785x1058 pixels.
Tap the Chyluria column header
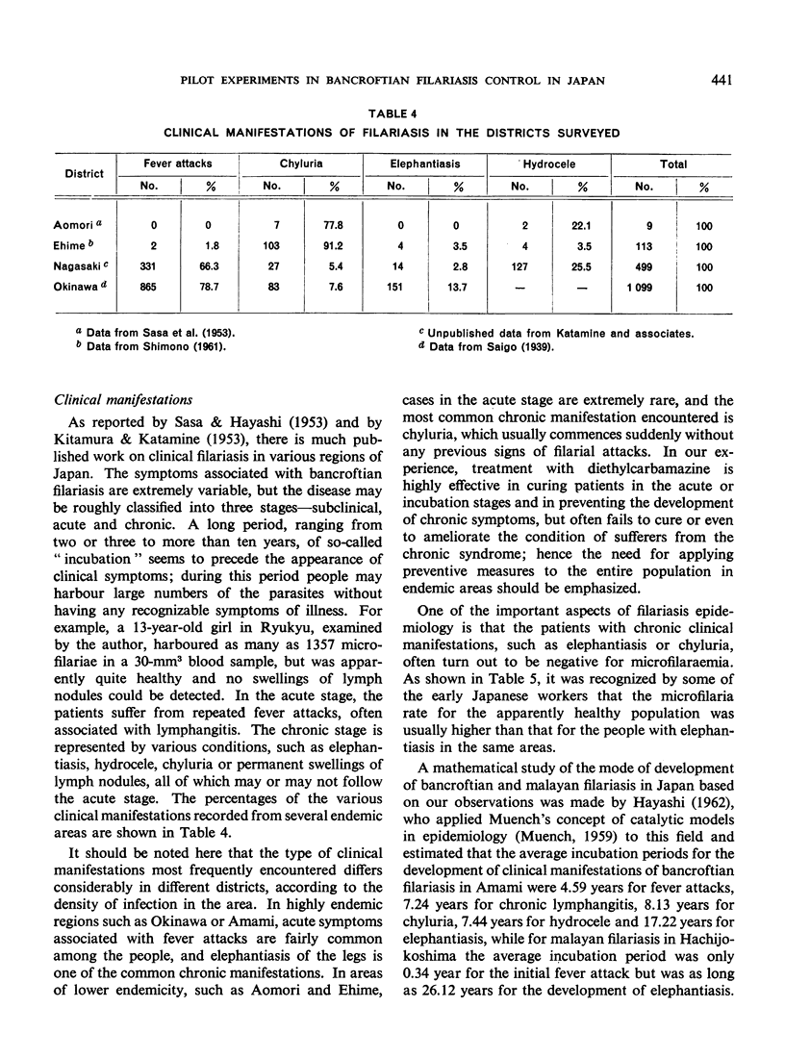pos(299,164)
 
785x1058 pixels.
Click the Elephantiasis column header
pos(423,164)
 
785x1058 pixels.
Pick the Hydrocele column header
pos(550,164)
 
